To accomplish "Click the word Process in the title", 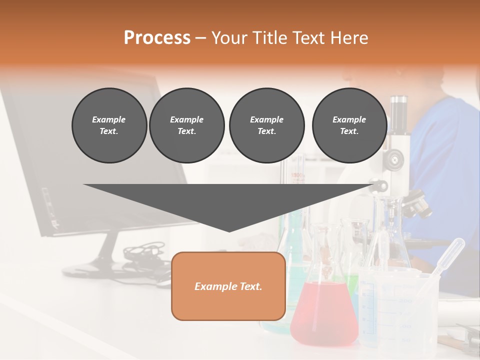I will [157, 38].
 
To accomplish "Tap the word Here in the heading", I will [349, 38].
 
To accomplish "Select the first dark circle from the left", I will [109, 125].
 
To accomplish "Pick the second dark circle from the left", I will [187, 125].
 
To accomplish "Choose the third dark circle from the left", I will [266, 125].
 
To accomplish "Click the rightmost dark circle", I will [349, 125].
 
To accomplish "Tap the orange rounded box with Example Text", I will [228, 286].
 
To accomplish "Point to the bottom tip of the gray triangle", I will [229, 230].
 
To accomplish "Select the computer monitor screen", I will [90, 160].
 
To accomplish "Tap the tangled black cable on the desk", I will [145, 255].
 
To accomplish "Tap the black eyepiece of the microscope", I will [398, 107].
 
